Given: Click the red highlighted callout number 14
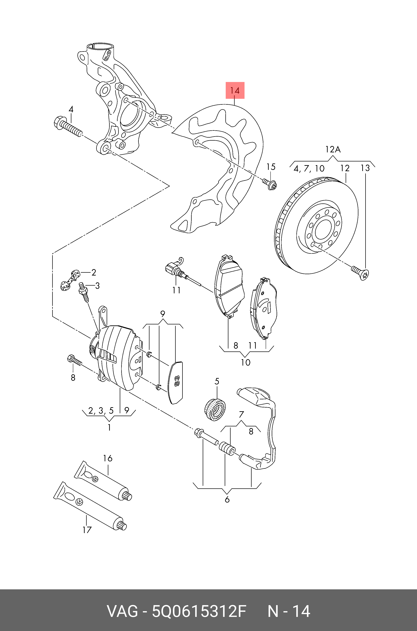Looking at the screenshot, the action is coord(235,90).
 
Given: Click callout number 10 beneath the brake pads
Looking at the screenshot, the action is coord(246,362).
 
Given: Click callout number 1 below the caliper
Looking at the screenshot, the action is coord(109,428).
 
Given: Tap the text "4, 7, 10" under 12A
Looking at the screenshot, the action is coord(309,168).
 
